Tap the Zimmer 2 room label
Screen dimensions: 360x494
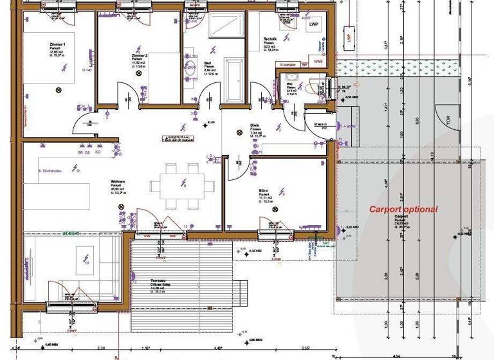(x=140, y=57)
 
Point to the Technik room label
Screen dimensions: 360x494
(x=270, y=39)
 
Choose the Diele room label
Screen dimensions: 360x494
(x=255, y=126)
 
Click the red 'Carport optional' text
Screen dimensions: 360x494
(x=403, y=210)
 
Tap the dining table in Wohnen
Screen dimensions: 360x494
(x=183, y=185)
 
